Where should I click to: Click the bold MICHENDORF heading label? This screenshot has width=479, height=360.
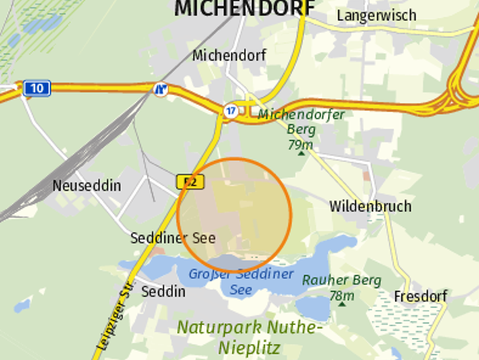click(244, 8)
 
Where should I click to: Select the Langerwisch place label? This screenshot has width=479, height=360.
click(376, 15)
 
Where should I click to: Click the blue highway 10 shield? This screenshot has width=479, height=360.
click(37, 88)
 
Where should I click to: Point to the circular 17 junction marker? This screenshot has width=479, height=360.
click(230, 111)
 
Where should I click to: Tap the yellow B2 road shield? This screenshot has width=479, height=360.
click(191, 182)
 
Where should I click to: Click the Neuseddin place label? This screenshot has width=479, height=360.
click(86, 185)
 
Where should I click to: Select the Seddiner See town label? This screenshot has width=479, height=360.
click(173, 238)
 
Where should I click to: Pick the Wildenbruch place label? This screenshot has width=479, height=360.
click(370, 206)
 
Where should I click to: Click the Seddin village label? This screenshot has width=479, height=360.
click(164, 292)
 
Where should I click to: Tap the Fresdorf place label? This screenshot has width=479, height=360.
click(419, 296)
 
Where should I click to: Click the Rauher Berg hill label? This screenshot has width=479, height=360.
click(341, 280)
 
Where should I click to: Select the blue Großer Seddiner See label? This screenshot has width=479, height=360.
click(241, 281)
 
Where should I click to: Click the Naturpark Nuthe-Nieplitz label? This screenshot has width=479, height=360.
click(250, 337)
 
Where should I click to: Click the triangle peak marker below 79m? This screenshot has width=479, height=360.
click(301, 153)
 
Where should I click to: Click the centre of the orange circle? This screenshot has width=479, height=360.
click(235, 215)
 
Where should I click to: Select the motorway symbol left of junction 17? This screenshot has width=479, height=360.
click(161, 90)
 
